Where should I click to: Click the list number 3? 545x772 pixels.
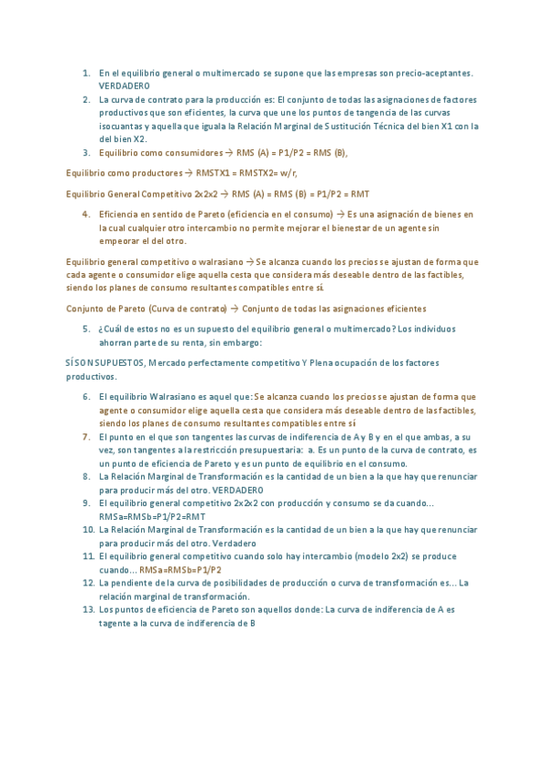coord(86,153)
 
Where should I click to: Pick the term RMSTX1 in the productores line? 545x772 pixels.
coord(208,172)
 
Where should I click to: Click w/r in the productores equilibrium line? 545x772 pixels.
coord(289,172)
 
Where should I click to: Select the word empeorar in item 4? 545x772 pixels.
coord(122,240)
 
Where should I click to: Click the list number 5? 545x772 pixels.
coord(86,329)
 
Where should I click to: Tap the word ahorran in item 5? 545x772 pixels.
coord(116,342)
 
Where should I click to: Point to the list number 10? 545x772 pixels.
coord(85,529)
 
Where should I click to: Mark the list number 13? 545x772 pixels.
coord(85,609)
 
